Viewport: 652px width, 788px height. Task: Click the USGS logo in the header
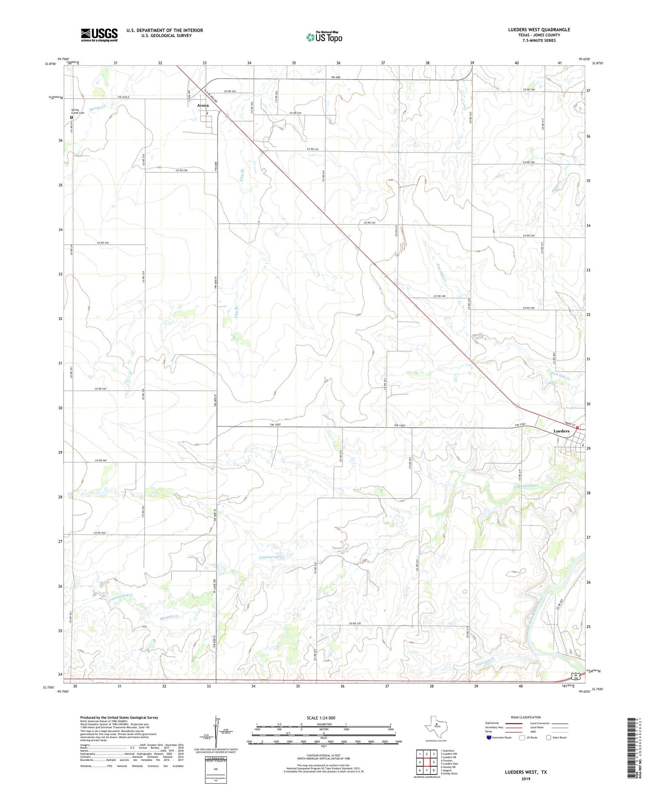(x=99, y=35)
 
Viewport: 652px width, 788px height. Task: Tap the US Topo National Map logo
(x=324, y=37)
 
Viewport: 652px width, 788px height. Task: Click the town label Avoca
(x=203, y=106)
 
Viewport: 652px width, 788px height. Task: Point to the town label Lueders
(x=561, y=431)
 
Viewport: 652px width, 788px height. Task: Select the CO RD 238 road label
(x=181, y=170)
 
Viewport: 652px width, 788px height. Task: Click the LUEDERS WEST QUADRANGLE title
(x=539, y=30)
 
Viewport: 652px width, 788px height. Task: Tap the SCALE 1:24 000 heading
(x=321, y=718)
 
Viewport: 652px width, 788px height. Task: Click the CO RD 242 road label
(x=369, y=223)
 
